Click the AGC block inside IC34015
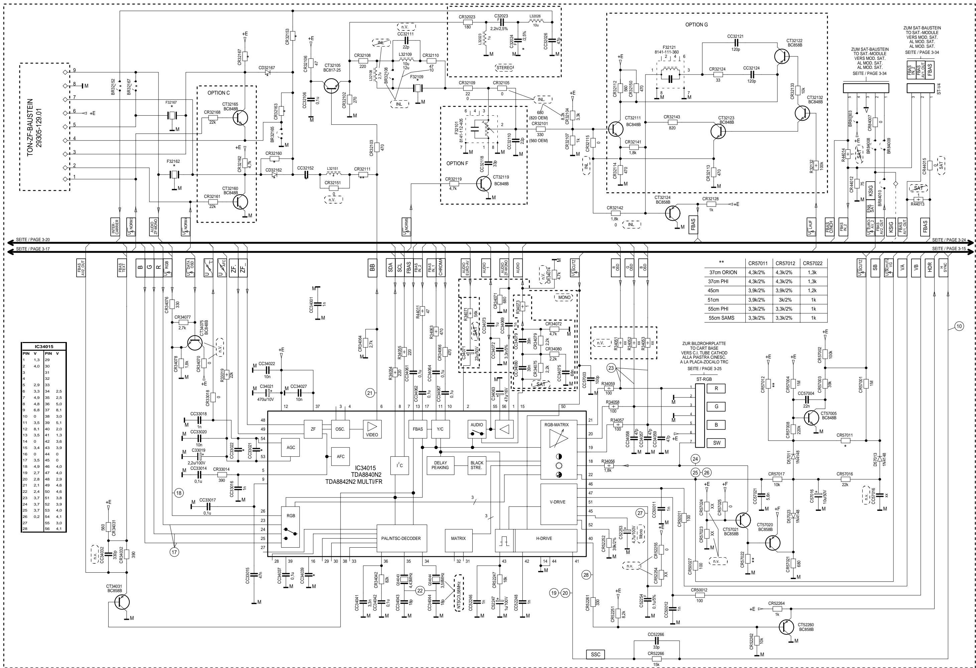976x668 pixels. click(x=290, y=447)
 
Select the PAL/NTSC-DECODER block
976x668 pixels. click(x=401, y=538)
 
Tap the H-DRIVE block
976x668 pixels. click(x=543, y=538)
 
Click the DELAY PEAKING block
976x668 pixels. click(x=440, y=465)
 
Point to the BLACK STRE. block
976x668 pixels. click(x=477, y=465)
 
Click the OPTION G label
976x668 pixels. click(x=696, y=25)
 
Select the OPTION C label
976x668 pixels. click(x=218, y=93)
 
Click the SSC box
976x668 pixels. click(x=596, y=655)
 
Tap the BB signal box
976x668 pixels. click(x=372, y=267)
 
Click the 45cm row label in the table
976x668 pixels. click(x=725, y=291)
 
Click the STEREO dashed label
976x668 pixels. click(x=504, y=67)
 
